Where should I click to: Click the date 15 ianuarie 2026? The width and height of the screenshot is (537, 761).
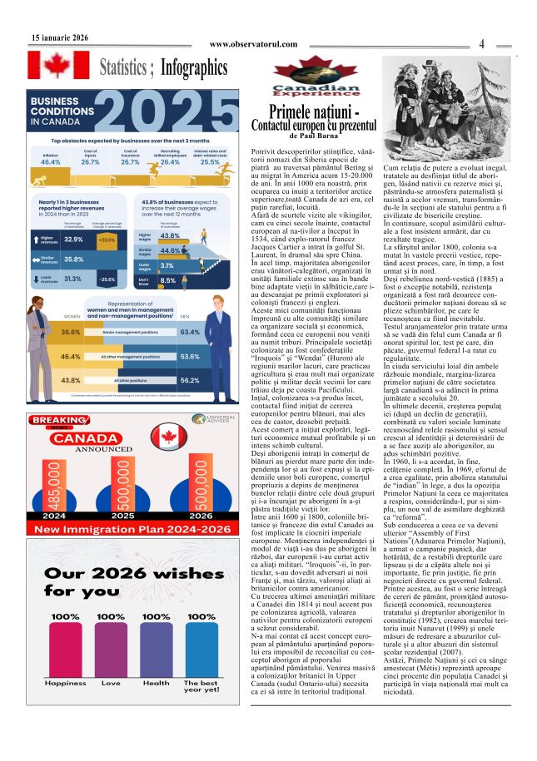tap(60, 38)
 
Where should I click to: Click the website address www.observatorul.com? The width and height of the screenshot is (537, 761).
tap(253, 44)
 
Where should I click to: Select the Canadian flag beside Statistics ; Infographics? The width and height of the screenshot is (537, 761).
tap(58, 66)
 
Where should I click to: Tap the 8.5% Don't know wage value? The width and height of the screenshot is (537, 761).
tap(167, 281)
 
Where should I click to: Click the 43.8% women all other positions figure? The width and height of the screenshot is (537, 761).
tap(71, 380)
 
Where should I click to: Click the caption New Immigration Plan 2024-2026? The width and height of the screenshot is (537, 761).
tap(122, 507)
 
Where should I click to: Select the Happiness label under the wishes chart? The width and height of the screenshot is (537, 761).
tap(65, 683)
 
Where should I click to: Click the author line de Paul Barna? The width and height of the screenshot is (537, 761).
tap(314, 136)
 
